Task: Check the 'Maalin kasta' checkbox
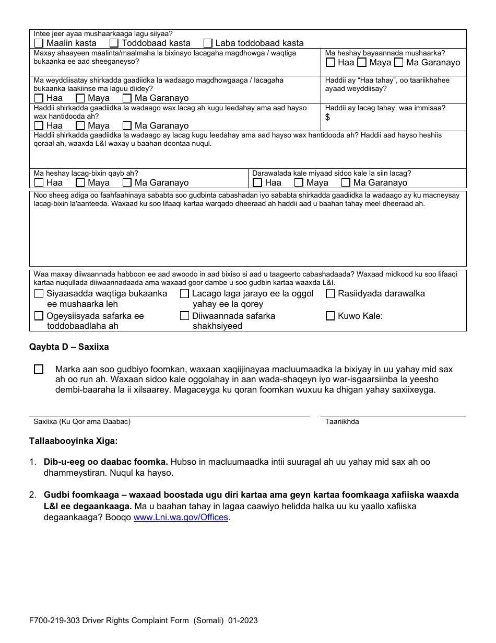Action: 39,43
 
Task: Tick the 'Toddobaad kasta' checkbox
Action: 114,43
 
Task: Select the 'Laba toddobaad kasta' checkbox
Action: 208,43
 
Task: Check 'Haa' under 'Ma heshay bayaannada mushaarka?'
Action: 330,62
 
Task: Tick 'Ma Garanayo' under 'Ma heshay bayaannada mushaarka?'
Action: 398,62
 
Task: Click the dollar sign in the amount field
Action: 327,117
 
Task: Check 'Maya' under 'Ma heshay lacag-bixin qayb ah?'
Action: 80,182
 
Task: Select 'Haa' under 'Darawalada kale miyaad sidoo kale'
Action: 257,182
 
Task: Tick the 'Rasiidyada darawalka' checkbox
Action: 330,293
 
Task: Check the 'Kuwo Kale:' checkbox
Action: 330,316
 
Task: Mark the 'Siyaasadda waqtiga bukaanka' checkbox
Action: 39,293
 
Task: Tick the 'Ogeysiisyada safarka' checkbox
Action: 39,316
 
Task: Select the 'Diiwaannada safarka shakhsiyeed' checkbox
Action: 184,316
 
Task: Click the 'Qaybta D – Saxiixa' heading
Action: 69,347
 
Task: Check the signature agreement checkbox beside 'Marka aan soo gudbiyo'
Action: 39,369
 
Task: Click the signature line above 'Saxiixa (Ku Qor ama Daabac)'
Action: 169,416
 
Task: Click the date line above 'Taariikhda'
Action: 393,416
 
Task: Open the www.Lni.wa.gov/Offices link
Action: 181,517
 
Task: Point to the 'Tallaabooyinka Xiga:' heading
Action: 73,441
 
